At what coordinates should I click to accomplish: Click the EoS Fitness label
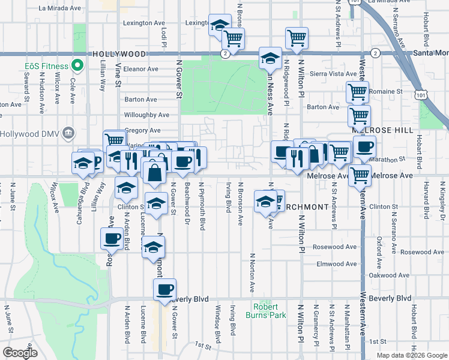tap(45, 65)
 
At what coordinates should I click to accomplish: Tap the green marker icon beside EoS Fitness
tap(76, 65)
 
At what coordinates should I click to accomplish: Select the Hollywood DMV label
tap(29, 133)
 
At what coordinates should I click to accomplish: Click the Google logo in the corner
tap(20, 352)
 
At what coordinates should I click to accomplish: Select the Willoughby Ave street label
tap(146, 115)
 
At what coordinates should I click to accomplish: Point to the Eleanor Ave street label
tap(141, 69)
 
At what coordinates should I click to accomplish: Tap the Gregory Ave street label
tap(143, 130)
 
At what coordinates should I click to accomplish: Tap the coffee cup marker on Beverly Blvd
tap(164, 290)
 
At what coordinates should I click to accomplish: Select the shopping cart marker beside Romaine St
tap(358, 92)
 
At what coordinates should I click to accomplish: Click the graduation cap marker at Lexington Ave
tap(220, 25)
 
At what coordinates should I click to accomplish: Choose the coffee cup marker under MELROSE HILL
tap(364, 148)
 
